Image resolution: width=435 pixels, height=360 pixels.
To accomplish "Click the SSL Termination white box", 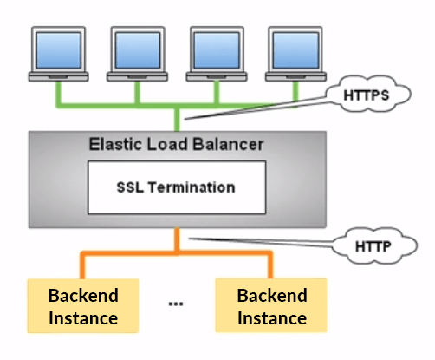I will pos(176,187).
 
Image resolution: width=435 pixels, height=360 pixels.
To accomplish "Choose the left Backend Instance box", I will pos(83,306).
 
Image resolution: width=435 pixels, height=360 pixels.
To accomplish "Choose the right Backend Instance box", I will pos(272,306).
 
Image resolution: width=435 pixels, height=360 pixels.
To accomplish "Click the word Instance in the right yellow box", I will pos(272,318).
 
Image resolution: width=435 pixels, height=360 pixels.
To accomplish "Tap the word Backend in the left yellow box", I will pos(83,295).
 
